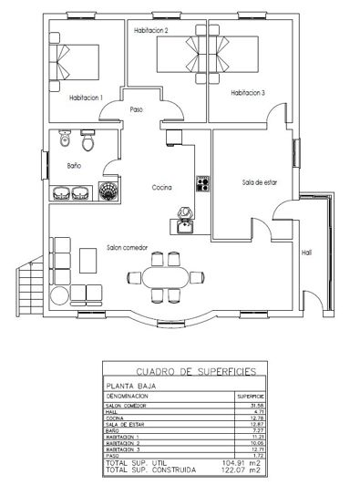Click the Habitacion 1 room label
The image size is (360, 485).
point(86,98)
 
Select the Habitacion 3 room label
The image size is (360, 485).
point(248,92)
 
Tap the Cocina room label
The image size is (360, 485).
point(161,188)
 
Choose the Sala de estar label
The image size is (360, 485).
point(259,182)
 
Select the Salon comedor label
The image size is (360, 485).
point(127,248)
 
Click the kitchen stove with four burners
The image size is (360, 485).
point(202,183)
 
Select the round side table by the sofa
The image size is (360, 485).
point(60,295)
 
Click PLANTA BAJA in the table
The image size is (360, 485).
point(129,387)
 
